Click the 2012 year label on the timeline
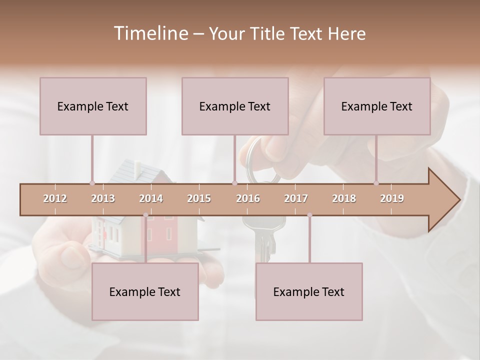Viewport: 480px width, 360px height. [x=55, y=198]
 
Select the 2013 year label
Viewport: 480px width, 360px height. [x=103, y=198]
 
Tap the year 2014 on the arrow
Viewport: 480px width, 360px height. [x=151, y=198]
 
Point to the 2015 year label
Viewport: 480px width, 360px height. [x=199, y=198]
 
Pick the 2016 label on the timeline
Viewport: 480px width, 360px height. [x=248, y=198]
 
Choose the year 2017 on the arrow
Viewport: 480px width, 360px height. [x=296, y=198]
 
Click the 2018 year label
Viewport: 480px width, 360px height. [x=344, y=198]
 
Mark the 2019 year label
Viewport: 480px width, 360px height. [x=392, y=198]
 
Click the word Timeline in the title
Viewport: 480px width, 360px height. [x=150, y=33]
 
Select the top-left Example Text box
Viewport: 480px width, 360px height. [x=93, y=106]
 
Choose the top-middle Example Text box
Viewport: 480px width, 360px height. [x=235, y=106]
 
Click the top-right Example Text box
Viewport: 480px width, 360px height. [x=377, y=106]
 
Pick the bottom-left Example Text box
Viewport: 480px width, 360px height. [x=145, y=291]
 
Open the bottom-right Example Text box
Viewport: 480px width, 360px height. [x=309, y=291]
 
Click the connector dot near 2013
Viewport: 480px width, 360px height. [x=92, y=183]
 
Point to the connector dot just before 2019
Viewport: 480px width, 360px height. [x=376, y=183]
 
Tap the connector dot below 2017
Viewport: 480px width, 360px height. [x=309, y=215]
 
